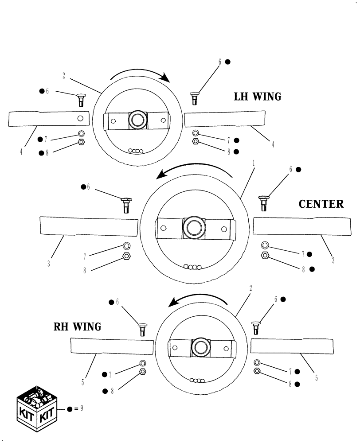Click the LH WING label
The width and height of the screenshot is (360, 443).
(x=257, y=97)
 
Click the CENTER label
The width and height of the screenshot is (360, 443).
(x=321, y=204)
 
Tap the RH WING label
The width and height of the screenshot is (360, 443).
(x=77, y=327)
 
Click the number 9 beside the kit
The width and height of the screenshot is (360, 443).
(x=81, y=408)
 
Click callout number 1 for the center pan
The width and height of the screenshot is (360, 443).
(x=253, y=163)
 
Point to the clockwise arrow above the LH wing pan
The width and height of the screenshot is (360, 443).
(x=140, y=75)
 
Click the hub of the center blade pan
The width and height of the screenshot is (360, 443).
(x=193, y=227)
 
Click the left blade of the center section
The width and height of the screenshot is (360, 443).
(x=89, y=226)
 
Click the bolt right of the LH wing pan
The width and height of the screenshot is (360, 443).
(x=195, y=97)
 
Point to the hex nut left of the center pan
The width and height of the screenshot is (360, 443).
(x=126, y=256)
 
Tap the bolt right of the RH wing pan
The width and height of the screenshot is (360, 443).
(x=256, y=327)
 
